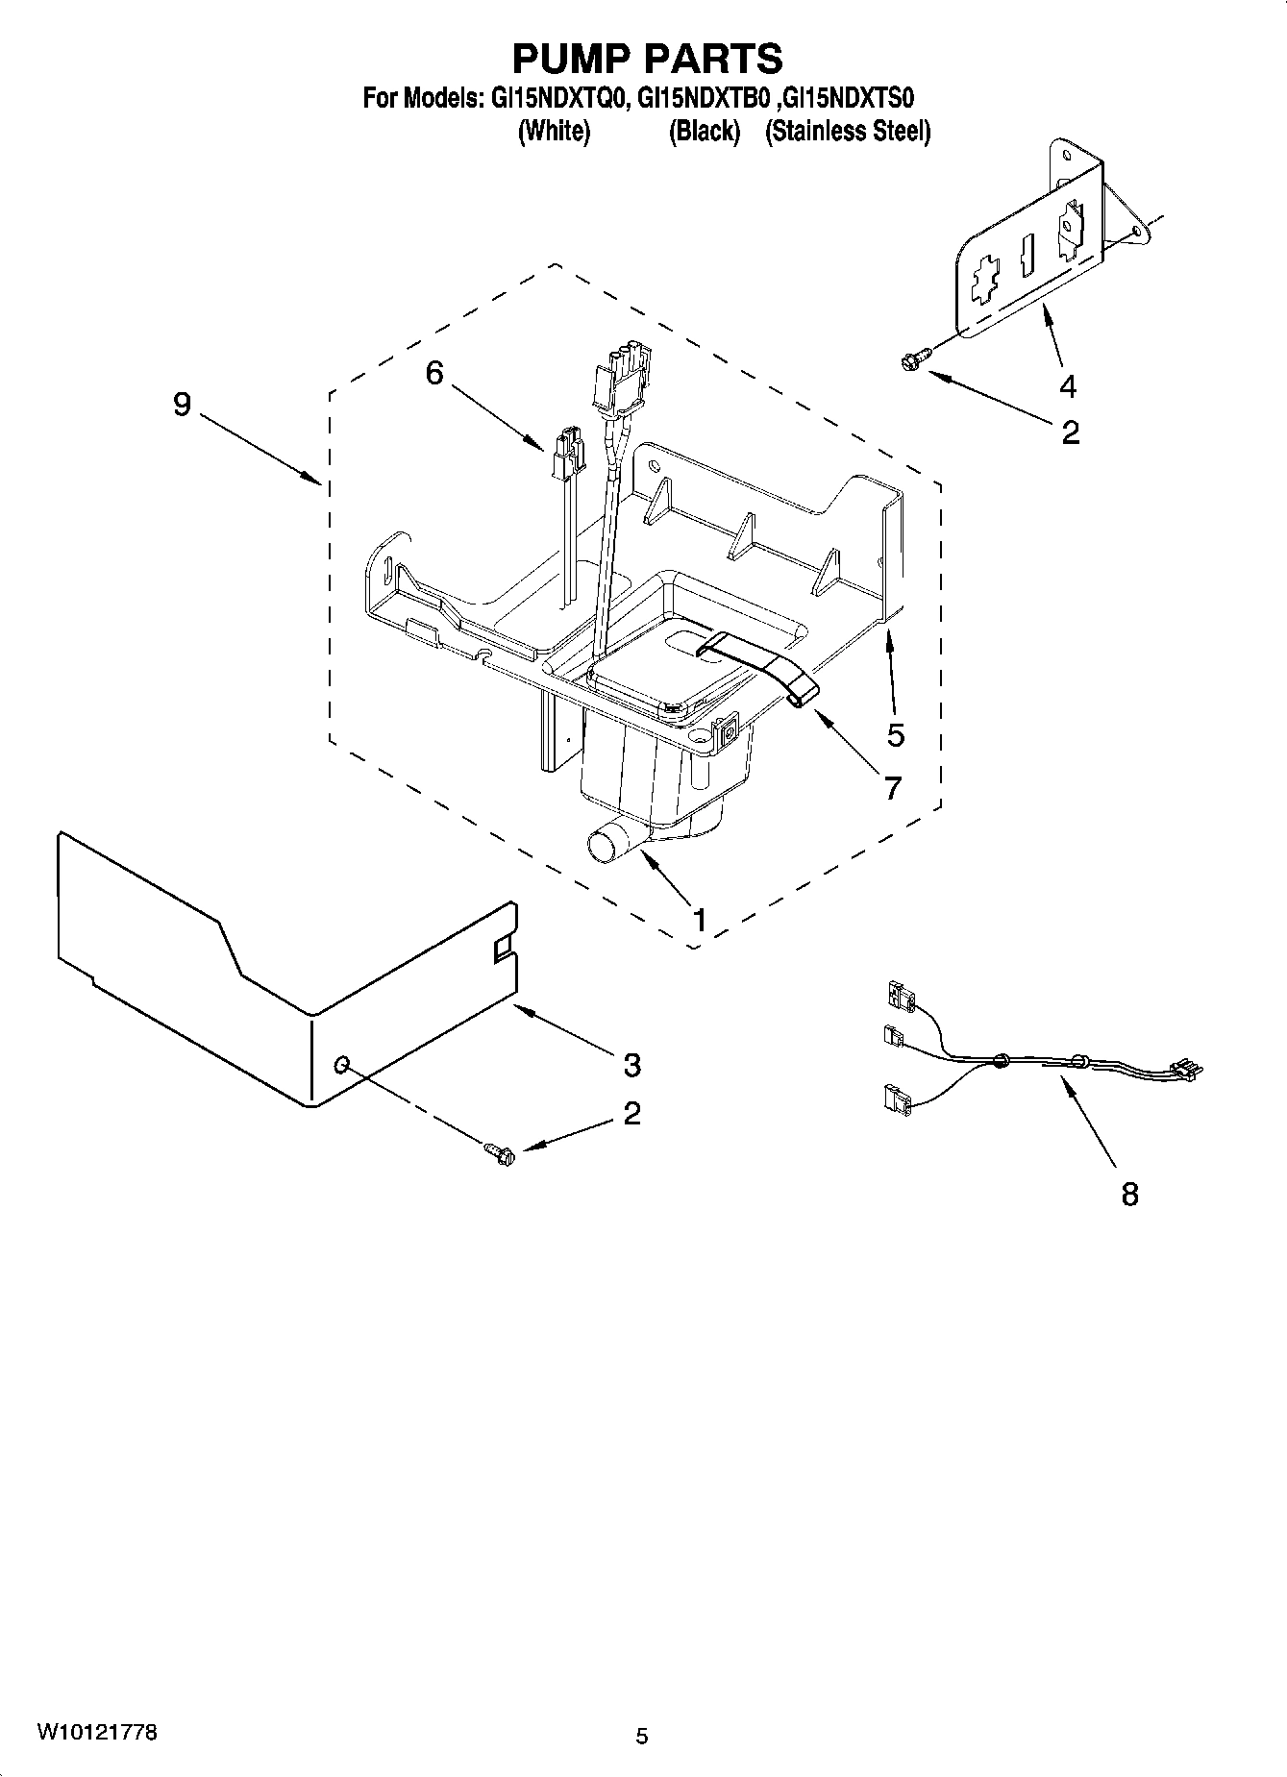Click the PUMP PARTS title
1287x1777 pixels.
[x=647, y=59]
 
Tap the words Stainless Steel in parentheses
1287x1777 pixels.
[x=848, y=132]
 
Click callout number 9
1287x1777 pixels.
[x=182, y=405]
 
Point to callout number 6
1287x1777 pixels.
[x=434, y=372]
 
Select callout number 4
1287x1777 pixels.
[x=1068, y=386]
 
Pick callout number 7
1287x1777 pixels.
[x=892, y=788]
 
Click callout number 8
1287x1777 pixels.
[x=1129, y=1195]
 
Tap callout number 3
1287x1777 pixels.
[x=631, y=1065]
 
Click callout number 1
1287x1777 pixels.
[x=700, y=920]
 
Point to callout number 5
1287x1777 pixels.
[x=895, y=735]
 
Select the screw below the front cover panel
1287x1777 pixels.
[x=500, y=1150]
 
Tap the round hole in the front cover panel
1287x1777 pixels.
[x=341, y=1064]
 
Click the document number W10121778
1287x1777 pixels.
[x=97, y=1732]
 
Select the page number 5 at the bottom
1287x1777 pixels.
[x=642, y=1736]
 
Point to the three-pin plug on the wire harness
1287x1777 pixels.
[x=1185, y=1070]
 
